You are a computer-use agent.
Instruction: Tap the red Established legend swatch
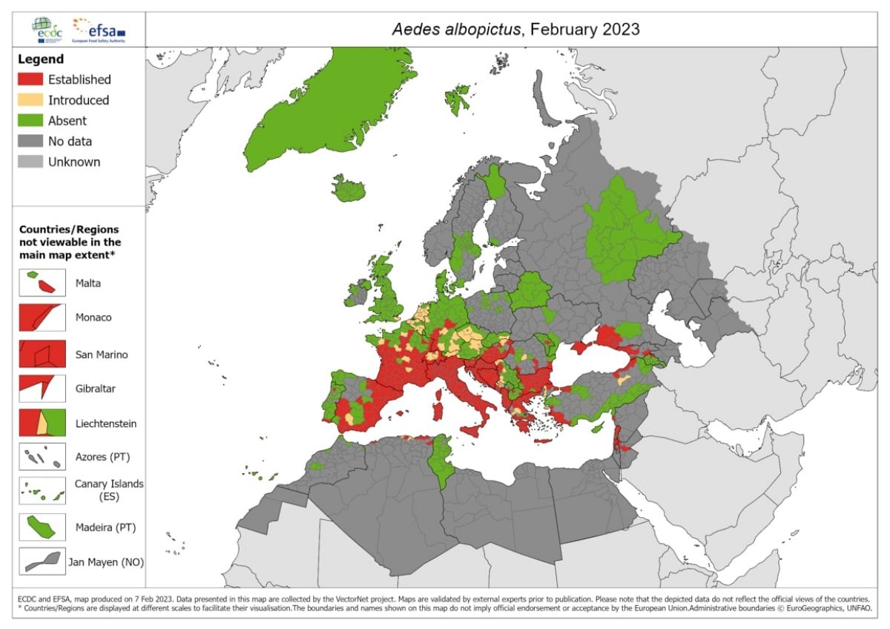point(30,79)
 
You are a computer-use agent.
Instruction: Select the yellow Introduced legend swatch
point(30,100)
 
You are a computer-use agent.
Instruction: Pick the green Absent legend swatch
point(30,121)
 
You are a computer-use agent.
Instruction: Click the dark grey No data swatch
point(30,141)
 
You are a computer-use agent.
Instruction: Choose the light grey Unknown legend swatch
point(30,162)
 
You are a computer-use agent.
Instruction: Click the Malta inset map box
point(42,283)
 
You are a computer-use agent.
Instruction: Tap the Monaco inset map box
point(42,317)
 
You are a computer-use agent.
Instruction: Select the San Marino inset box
point(42,354)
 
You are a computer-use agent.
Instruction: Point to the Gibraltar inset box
point(42,389)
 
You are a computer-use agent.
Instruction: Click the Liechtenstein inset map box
point(42,424)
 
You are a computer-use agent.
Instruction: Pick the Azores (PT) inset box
point(42,457)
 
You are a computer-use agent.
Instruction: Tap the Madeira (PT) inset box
point(42,527)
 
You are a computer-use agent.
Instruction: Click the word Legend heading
point(42,59)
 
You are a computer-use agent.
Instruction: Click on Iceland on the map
point(348,189)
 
